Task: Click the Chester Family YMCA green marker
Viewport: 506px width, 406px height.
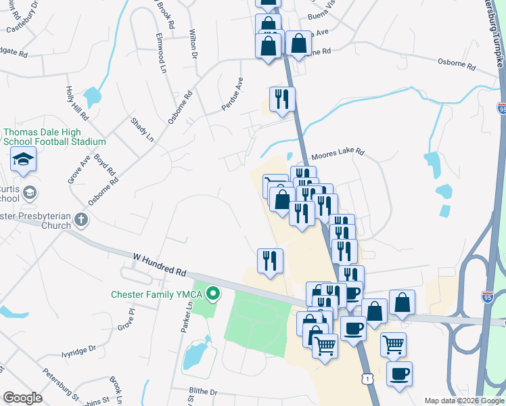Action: click(214, 294)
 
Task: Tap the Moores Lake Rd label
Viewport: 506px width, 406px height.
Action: click(338, 153)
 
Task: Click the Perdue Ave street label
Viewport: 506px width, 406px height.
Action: click(232, 94)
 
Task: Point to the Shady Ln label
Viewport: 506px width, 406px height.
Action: click(143, 130)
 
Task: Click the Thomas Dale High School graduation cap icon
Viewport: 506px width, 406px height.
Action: click(23, 160)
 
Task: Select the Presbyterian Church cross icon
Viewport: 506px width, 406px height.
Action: click(80, 219)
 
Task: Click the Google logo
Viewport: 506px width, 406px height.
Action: click(22, 398)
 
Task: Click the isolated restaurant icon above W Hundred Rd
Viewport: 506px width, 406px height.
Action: click(270, 261)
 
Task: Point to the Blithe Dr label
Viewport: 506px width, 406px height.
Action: click(204, 392)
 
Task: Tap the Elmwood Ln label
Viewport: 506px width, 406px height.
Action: click(161, 53)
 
